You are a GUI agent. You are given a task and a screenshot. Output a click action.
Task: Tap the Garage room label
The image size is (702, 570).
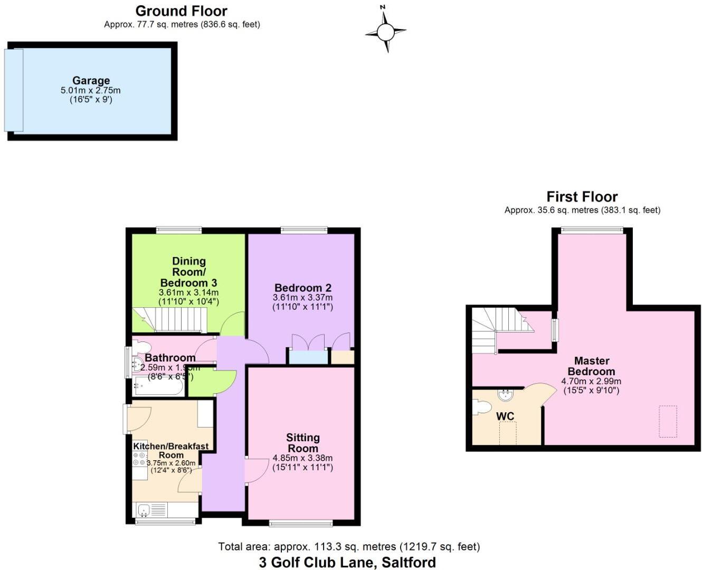pyautogui.click(x=91, y=81)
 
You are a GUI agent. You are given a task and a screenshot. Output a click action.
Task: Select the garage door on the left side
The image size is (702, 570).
pyautogui.click(x=14, y=90)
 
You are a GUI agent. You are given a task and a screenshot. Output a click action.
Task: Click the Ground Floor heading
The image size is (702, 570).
pyautogui.click(x=181, y=11)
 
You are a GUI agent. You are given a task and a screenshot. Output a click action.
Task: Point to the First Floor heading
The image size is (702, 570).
pyautogui.click(x=582, y=197)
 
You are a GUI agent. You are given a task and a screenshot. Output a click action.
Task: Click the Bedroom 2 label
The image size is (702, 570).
pyautogui.click(x=302, y=288)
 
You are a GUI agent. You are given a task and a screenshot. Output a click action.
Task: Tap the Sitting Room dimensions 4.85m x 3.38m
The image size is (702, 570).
pyautogui.click(x=302, y=458)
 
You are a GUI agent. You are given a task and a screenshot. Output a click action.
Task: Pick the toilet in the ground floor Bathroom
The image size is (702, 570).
pyautogui.click(x=141, y=347)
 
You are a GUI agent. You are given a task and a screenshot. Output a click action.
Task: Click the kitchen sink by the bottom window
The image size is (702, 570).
pyautogui.click(x=144, y=510)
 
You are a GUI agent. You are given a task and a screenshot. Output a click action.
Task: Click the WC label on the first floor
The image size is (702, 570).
pyautogui.click(x=505, y=416)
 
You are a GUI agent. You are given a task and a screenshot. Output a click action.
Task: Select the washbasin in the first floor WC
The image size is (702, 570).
pyautogui.click(x=505, y=394)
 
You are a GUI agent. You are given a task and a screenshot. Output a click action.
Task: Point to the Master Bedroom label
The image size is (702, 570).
pyautogui.click(x=591, y=366)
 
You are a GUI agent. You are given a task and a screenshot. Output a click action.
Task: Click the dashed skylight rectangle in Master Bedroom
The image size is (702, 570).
pyautogui.click(x=668, y=421)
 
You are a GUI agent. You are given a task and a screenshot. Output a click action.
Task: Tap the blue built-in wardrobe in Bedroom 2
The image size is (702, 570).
pyautogui.click(x=308, y=357)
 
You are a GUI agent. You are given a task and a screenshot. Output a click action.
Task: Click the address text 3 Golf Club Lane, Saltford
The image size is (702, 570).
pyautogui.click(x=347, y=563)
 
